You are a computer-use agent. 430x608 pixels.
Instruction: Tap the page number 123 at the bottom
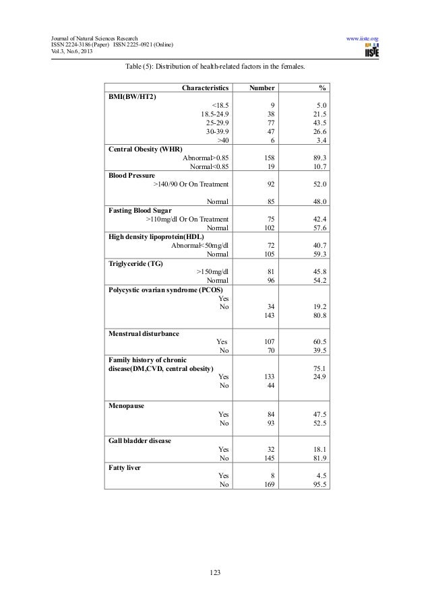point(215,572)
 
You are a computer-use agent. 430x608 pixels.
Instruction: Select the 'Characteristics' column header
point(206,88)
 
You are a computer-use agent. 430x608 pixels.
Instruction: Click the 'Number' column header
point(262,88)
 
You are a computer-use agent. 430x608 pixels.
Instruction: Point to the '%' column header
point(323,88)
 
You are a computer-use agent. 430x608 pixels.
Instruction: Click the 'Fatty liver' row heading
point(125,467)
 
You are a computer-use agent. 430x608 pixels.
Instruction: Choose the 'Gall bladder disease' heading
point(140,440)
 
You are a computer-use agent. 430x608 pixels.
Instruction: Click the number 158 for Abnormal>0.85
point(266,158)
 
